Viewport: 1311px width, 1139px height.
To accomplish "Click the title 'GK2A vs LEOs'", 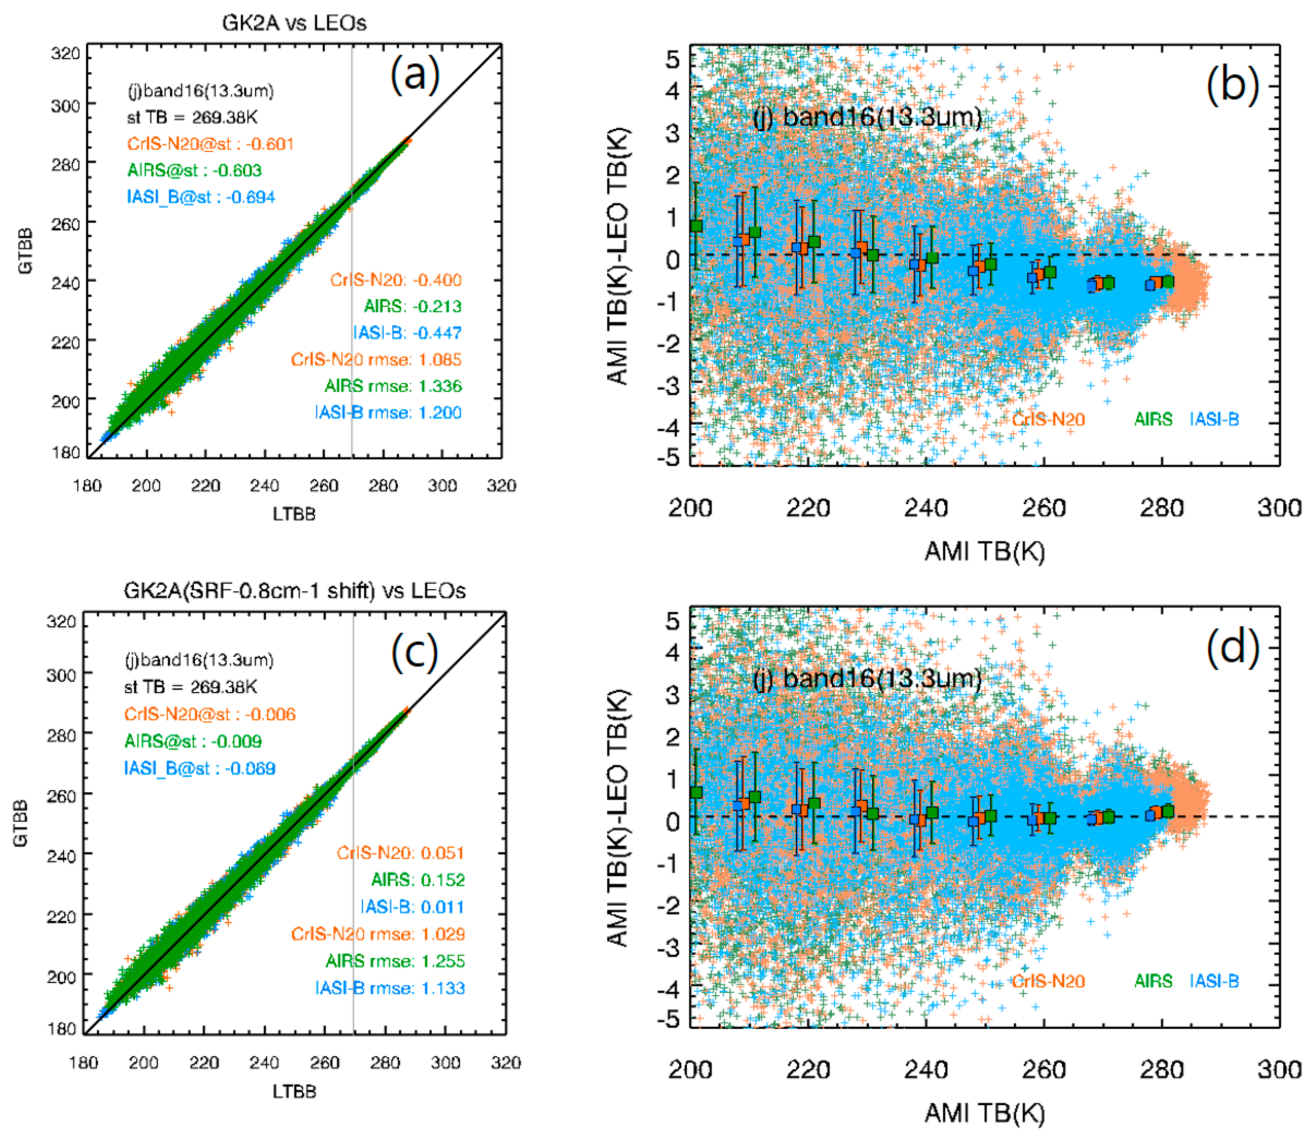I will point(294,23).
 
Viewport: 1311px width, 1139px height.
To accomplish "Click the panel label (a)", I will point(414,74).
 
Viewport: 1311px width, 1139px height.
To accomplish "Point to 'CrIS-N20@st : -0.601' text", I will point(210,143).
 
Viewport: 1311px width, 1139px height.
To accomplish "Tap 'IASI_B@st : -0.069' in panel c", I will point(200,768).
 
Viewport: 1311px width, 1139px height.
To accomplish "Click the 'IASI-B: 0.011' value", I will point(412,907).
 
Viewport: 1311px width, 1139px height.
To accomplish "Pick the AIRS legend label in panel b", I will point(1153,420).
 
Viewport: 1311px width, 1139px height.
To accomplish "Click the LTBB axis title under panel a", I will point(294,514).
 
